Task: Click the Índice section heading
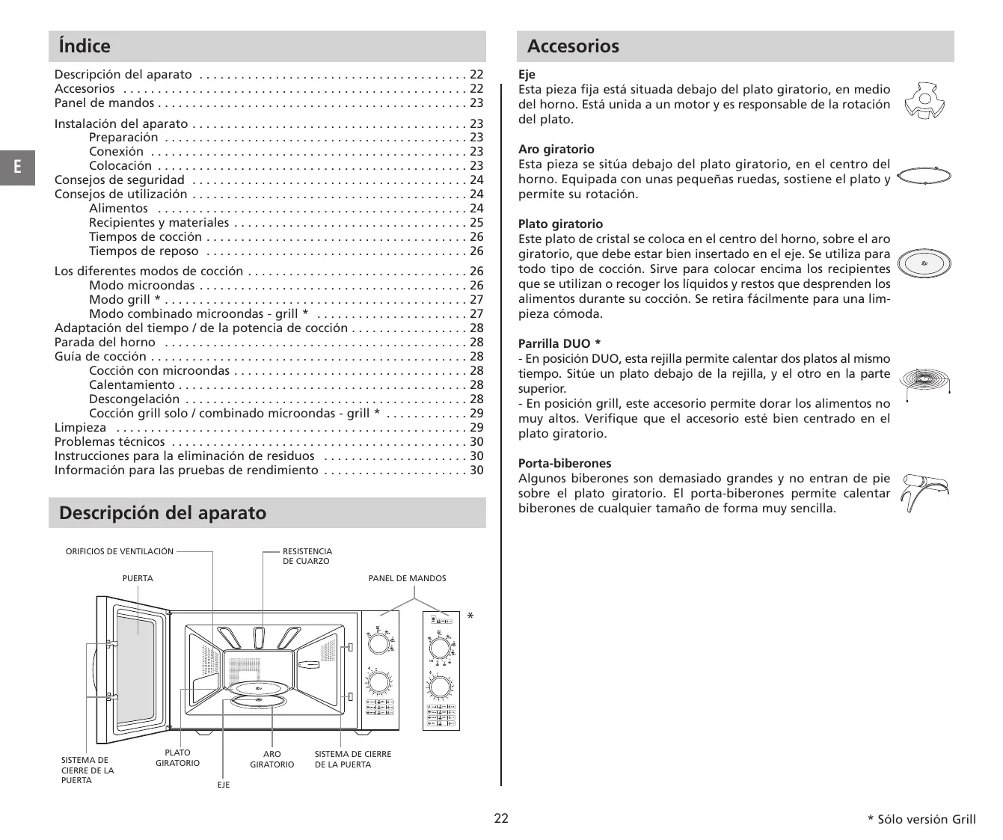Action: pos(85,46)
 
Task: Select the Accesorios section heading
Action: pos(573,46)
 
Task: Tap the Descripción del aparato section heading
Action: pos(162,513)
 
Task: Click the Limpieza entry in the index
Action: pos(80,427)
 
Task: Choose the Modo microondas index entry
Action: pos(141,285)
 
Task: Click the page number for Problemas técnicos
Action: pos(476,441)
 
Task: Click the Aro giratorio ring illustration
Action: pos(924,176)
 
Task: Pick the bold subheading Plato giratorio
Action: pos(560,224)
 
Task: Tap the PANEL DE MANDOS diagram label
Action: pos(407,578)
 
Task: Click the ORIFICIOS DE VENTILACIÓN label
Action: pos(119,551)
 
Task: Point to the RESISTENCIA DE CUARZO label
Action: pos(307,556)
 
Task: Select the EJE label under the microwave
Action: pos(224,785)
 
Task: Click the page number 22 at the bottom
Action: pos(501,818)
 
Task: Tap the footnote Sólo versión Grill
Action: pos(925,820)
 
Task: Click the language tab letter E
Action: pos(16,168)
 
